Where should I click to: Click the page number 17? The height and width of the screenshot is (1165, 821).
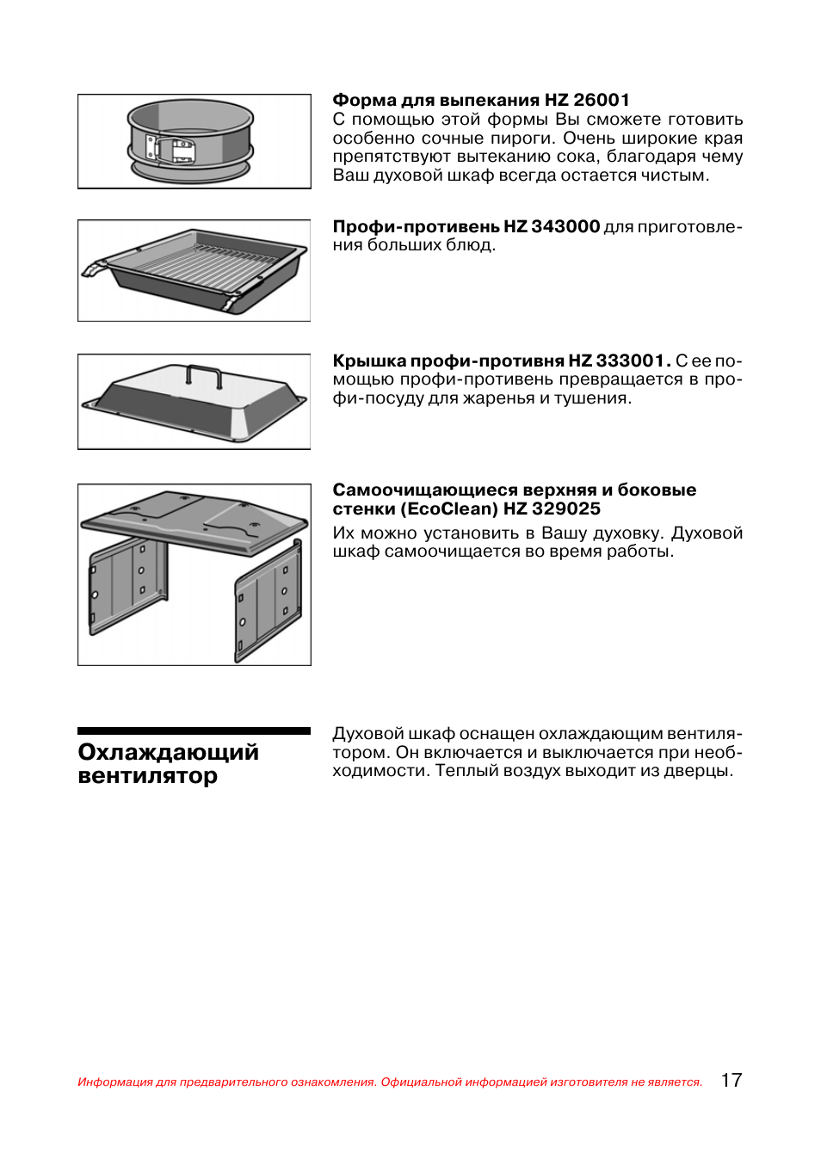731,1080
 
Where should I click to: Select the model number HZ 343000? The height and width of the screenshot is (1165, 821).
552,226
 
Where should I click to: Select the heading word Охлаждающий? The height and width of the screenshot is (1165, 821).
168,752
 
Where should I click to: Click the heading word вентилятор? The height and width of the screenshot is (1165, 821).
147,776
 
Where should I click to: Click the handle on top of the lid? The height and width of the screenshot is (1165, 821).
204,375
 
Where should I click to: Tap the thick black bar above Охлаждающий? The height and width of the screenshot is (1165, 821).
194,731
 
